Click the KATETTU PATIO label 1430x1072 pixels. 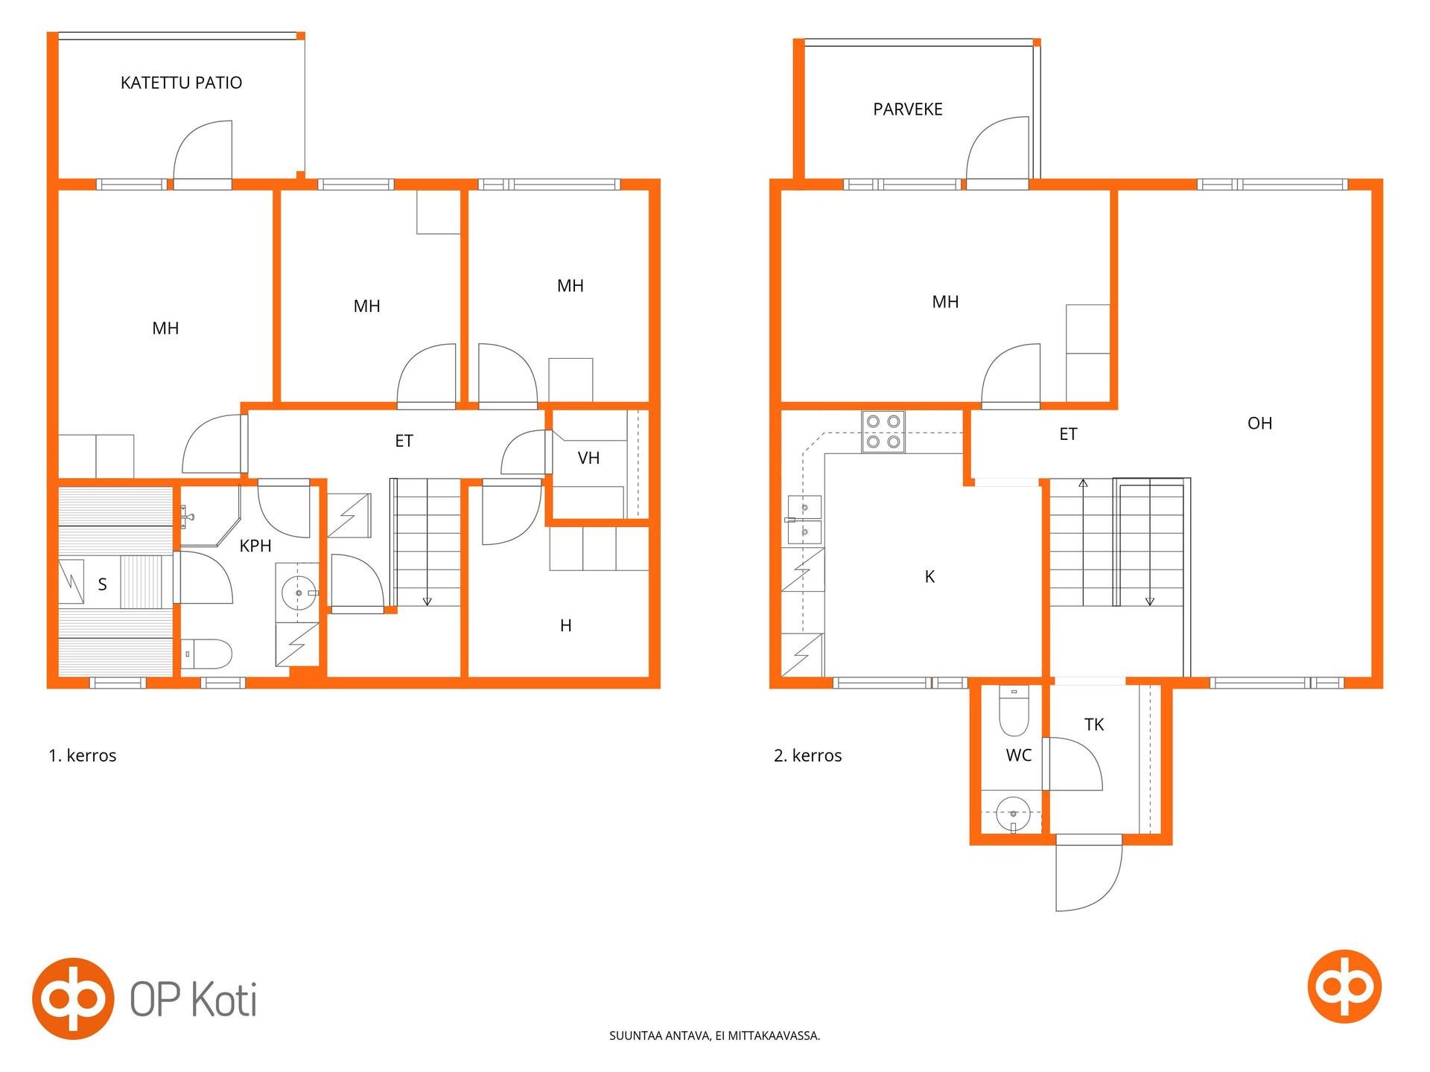point(181,83)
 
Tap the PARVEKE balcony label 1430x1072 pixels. point(908,109)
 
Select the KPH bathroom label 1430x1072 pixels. point(255,546)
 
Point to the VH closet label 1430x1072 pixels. point(588,458)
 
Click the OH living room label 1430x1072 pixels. point(1259,424)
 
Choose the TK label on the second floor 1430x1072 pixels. point(1094,724)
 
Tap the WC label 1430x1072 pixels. point(1018,756)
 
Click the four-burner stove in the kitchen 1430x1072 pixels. point(883,432)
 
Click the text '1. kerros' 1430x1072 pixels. point(83,756)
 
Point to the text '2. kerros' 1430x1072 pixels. point(808,756)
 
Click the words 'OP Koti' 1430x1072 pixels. point(194,999)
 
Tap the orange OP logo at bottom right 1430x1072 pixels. point(1345,986)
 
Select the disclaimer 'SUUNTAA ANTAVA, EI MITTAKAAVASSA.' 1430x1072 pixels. point(715,1036)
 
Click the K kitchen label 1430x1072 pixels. point(929,576)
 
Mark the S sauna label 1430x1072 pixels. point(103,584)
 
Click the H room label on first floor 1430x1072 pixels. point(566,625)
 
